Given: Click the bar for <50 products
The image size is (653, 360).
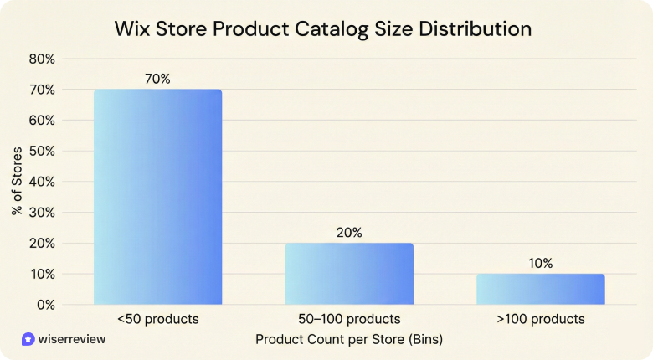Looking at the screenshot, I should tap(157, 197).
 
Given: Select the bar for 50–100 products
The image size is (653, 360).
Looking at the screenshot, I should tap(349, 274).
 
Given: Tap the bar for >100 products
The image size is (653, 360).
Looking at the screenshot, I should tap(540, 289).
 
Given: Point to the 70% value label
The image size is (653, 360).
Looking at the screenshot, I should tap(157, 79).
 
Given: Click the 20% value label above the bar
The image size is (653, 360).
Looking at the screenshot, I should tap(349, 233).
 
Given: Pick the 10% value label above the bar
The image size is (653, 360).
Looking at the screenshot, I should tap(540, 263).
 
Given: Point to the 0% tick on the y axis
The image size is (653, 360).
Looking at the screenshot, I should tap(45, 305).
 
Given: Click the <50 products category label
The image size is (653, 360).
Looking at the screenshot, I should tap(157, 320).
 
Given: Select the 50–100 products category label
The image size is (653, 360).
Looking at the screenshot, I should tap(349, 320).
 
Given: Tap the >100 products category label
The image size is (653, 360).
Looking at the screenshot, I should tap(540, 320).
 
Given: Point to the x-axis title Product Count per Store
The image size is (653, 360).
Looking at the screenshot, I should tap(348, 340).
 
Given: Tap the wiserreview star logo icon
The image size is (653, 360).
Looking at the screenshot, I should tap(28, 340).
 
